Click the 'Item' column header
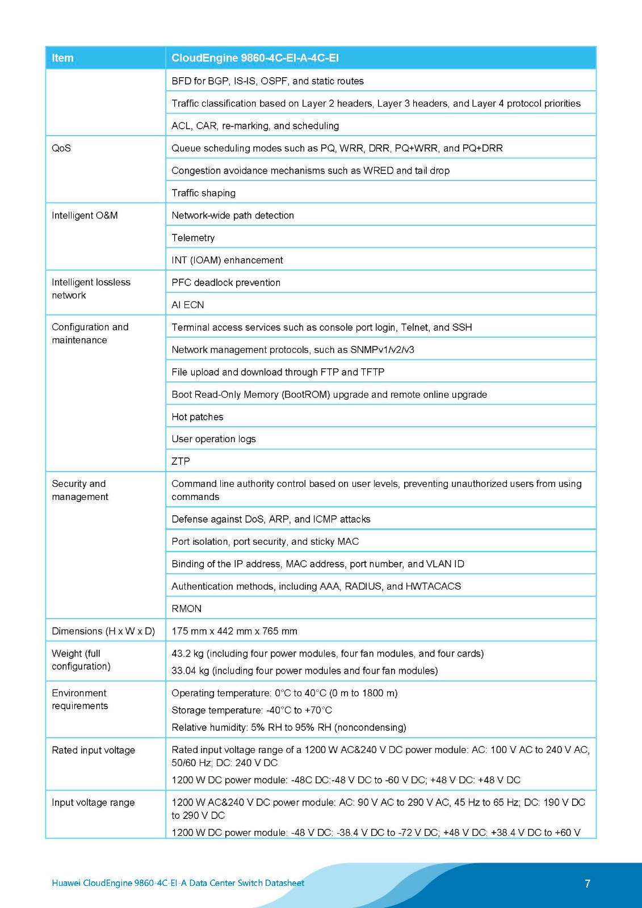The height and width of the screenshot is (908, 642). click(62, 58)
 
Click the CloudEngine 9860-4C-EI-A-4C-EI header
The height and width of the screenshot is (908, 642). click(255, 58)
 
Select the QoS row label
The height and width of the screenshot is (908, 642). click(61, 148)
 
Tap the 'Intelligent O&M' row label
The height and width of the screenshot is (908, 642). click(85, 216)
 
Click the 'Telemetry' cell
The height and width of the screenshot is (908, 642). click(193, 238)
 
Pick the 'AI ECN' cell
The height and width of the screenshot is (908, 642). click(187, 305)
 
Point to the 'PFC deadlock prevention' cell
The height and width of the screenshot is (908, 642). click(226, 283)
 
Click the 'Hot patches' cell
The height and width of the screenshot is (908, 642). click(198, 417)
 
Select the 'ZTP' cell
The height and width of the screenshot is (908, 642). click(181, 461)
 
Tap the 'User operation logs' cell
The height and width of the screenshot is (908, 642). click(213, 439)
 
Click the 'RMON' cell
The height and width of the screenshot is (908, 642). click(186, 609)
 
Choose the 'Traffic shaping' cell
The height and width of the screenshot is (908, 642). click(203, 193)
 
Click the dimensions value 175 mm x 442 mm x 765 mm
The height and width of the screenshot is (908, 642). click(234, 631)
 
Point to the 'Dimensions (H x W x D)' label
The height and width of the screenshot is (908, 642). click(103, 631)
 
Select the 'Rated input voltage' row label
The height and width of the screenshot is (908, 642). click(93, 750)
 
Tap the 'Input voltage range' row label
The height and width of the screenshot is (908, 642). click(93, 802)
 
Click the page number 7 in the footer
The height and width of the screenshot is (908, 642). click(588, 884)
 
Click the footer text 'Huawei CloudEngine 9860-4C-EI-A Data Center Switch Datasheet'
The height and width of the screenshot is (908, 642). click(178, 883)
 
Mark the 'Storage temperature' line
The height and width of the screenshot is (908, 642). click(251, 711)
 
